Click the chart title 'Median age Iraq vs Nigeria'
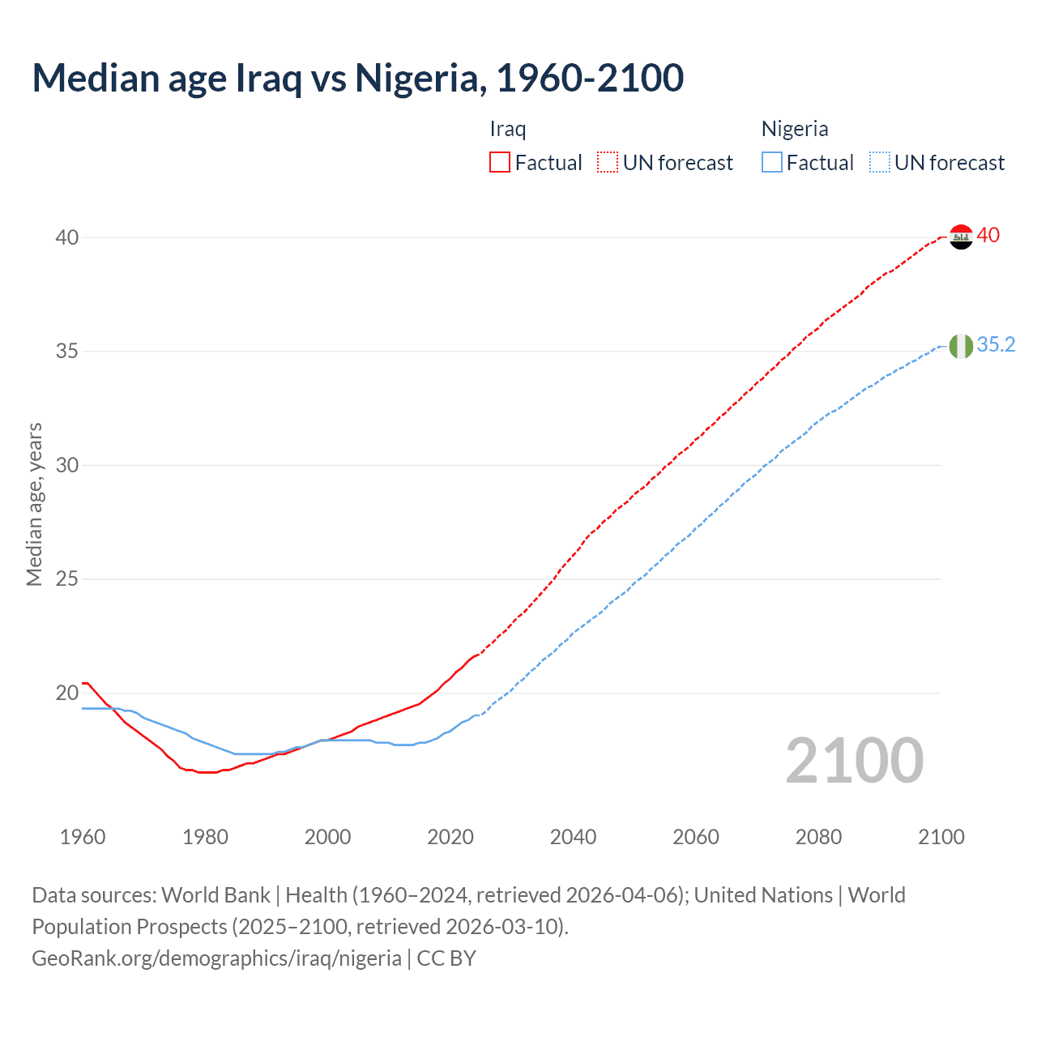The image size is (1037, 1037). (x=357, y=78)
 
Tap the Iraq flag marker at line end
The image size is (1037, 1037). (x=961, y=237)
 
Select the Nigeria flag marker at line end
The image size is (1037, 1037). (x=961, y=346)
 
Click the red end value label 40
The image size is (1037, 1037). (x=988, y=235)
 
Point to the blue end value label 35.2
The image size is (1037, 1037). (x=996, y=344)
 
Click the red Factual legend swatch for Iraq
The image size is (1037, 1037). (x=500, y=163)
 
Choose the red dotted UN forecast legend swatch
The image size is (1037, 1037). (x=608, y=163)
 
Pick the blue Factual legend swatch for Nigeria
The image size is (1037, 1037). (x=772, y=163)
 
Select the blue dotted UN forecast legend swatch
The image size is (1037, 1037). (x=880, y=163)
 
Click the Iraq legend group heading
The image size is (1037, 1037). (x=508, y=129)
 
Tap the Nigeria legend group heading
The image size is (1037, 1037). (x=794, y=129)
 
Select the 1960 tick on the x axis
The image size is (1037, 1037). (x=83, y=837)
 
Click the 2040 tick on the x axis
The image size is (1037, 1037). (x=573, y=837)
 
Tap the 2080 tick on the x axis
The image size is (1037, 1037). (x=818, y=837)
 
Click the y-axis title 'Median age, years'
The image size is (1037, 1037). (x=35, y=504)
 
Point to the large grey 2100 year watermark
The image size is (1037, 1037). (x=854, y=760)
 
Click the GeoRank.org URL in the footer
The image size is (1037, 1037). (x=216, y=958)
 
